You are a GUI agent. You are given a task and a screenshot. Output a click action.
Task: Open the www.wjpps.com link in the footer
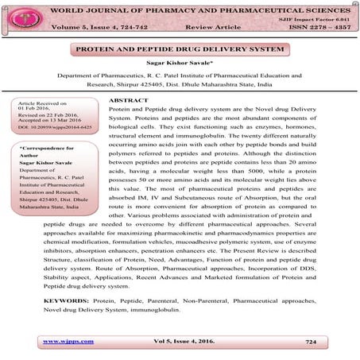(68, 341)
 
